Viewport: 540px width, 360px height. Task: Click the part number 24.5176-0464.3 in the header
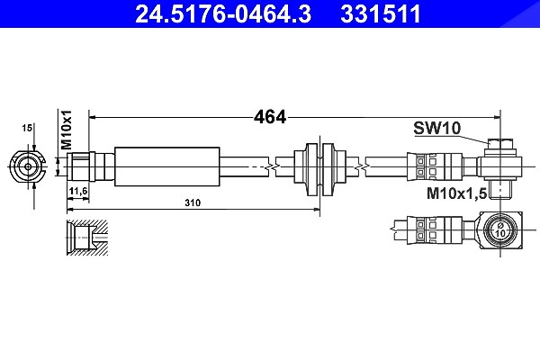pyautogui.click(x=223, y=13)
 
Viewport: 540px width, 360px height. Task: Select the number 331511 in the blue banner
pyautogui.click(x=381, y=13)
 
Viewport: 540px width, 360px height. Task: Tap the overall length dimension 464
pyautogui.click(x=270, y=117)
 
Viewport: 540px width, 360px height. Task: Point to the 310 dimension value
pyautogui.click(x=193, y=202)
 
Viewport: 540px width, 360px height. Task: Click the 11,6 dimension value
pyautogui.click(x=78, y=191)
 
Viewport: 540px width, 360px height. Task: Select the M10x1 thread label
pyautogui.click(x=66, y=130)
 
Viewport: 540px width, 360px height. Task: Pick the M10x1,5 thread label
pyautogui.click(x=456, y=193)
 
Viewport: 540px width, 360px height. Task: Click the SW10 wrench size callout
pyautogui.click(x=436, y=128)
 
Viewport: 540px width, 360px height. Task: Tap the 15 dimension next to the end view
pyautogui.click(x=27, y=128)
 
